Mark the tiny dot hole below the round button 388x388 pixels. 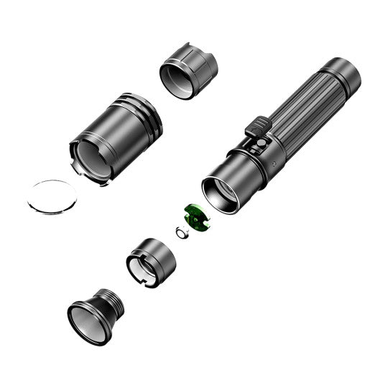click(x=277, y=164)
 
